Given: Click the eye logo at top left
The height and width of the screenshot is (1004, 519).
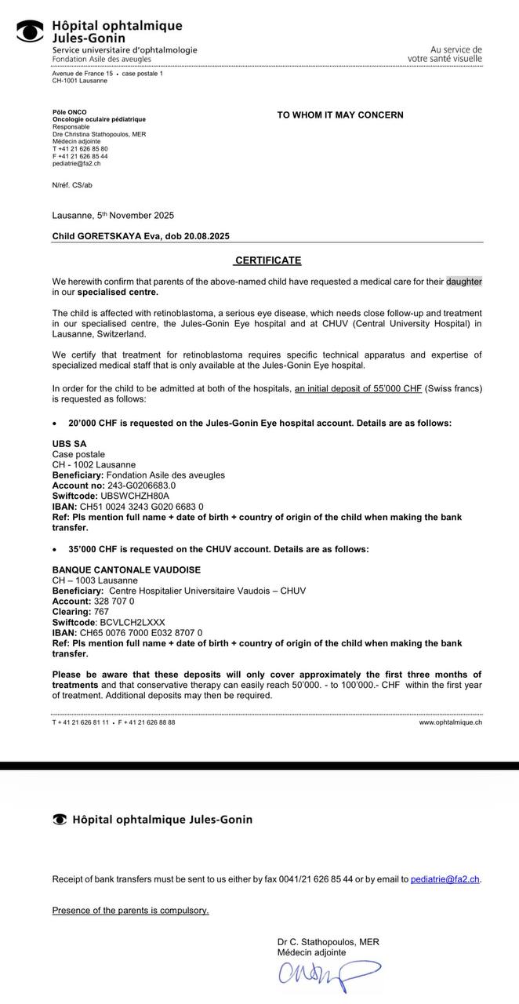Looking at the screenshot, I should pyautogui.click(x=31, y=31).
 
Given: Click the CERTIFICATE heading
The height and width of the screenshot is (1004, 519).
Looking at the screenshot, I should pyautogui.click(x=268, y=260).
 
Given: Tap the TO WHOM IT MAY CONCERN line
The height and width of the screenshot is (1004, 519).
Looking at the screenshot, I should pyautogui.click(x=340, y=115).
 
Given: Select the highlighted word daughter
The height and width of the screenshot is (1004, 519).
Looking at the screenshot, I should pyautogui.click(x=464, y=281).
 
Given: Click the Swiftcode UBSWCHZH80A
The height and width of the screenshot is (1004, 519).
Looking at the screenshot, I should pyautogui.click(x=135, y=497).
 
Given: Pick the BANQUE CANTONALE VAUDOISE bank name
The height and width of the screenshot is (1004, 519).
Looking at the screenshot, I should pyautogui.click(x=126, y=569).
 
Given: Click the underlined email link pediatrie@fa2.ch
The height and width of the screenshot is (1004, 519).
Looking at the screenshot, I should pyautogui.click(x=445, y=879).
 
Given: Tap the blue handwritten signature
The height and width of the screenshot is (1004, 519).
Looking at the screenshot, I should pyautogui.click(x=328, y=974).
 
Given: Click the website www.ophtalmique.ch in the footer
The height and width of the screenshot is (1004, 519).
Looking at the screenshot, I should pyautogui.click(x=450, y=722).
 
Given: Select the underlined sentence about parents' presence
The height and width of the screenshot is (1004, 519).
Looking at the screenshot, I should pyautogui.click(x=131, y=911).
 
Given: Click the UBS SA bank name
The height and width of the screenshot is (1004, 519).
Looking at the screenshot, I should pyautogui.click(x=69, y=444).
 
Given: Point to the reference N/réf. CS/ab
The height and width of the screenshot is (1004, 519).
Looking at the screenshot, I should pyautogui.click(x=72, y=185).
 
